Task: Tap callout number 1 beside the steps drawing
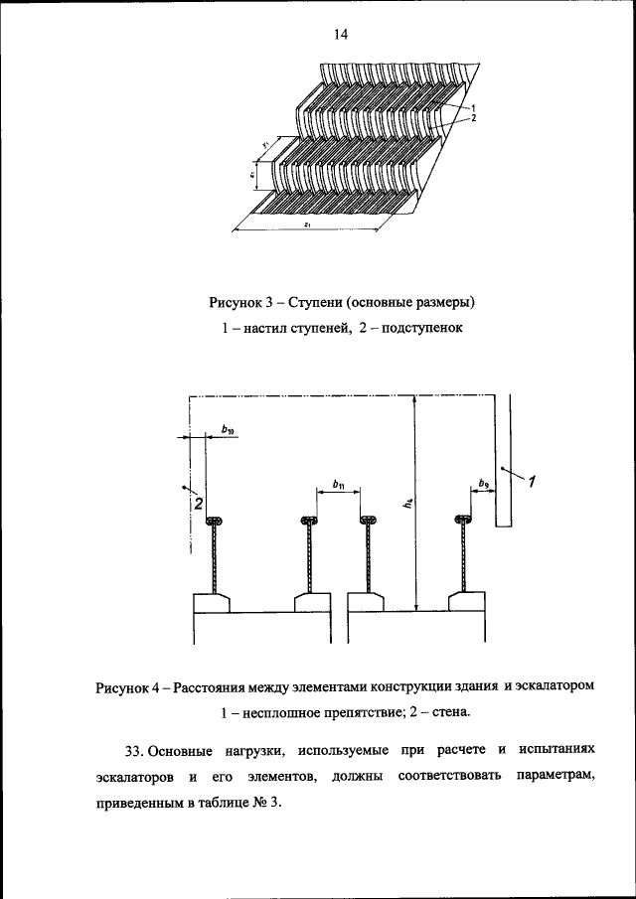coord(474,107)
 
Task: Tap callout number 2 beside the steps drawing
coord(474,118)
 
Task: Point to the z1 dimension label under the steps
coord(310,225)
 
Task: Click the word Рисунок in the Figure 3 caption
coord(237,302)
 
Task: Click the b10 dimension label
coord(229,430)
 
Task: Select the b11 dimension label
coord(339,486)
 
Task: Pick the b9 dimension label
coord(483,484)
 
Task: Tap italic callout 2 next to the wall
coord(198,505)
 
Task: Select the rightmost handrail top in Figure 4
coord(463,521)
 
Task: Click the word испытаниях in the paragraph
coord(555,748)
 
